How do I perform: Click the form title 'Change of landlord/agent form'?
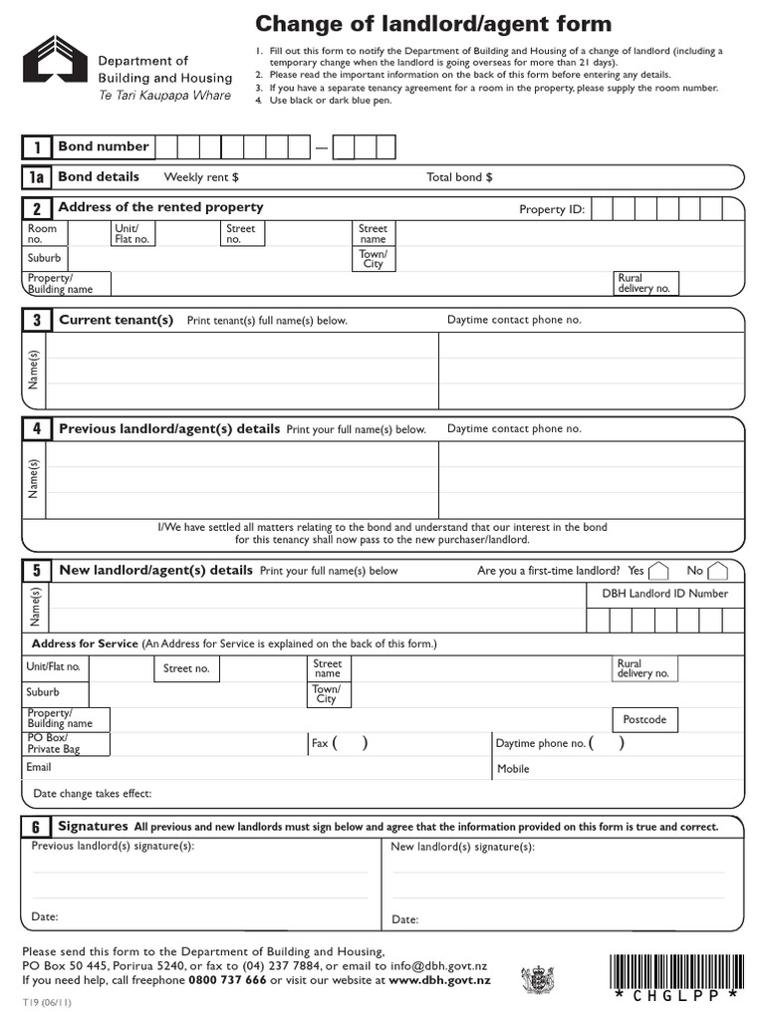tap(433, 24)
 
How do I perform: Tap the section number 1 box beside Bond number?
tap(37, 147)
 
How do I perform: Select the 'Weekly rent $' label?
tap(201, 177)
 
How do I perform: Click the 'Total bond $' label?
tap(459, 177)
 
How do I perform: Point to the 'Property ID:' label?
tap(552, 209)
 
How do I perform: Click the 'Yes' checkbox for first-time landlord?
tap(662, 571)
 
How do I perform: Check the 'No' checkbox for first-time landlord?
tap(722, 571)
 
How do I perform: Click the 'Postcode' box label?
tap(644, 719)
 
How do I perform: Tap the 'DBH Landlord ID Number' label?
tap(664, 594)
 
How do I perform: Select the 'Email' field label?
tap(39, 767)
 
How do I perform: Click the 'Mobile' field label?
tap(513, 769)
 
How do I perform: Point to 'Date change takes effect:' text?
tap(93, 794)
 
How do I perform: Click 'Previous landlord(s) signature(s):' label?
tap(113, 846)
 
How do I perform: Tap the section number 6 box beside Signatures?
tap(36, 828)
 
